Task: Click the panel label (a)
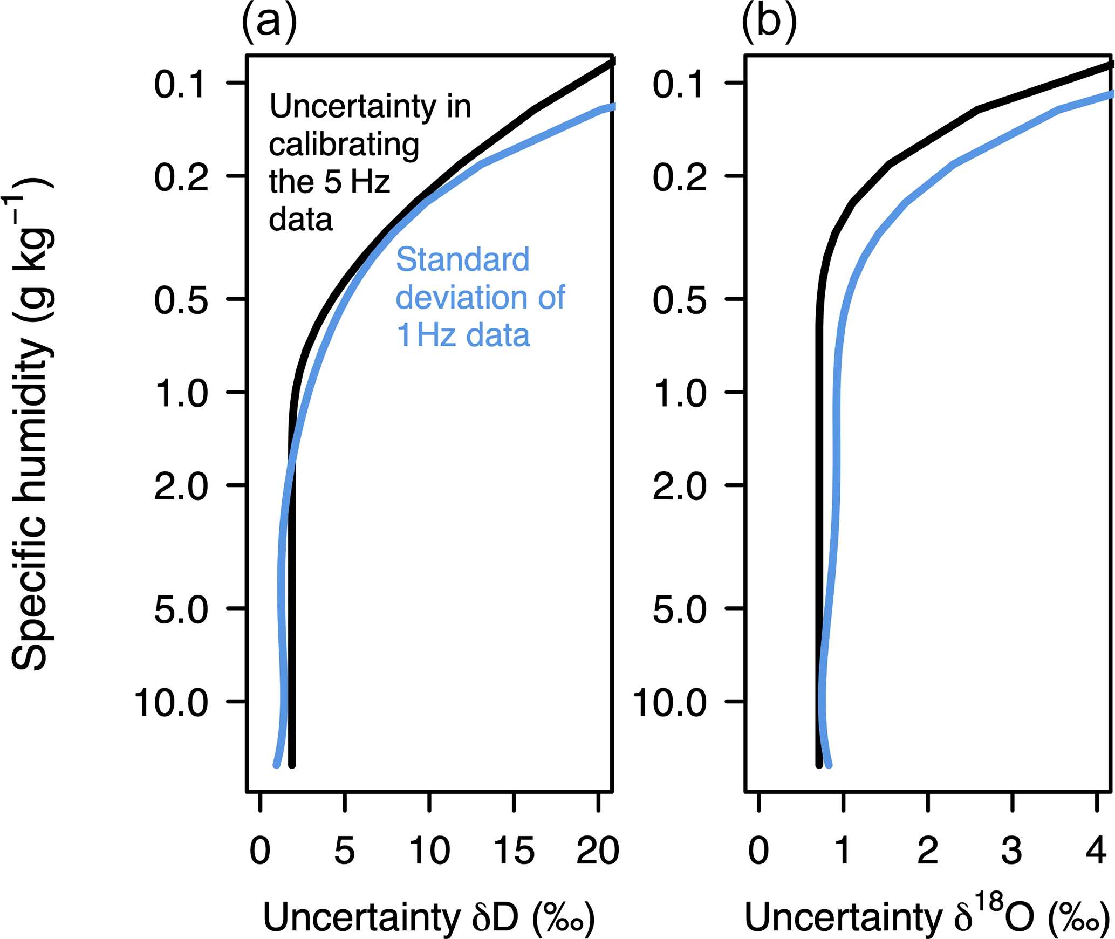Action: pos(269,23)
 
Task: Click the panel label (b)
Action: pos(769,23)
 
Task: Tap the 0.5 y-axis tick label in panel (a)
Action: pos(181,300)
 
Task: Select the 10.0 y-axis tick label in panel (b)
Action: pos(669,703)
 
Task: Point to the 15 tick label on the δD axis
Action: pos(514,851)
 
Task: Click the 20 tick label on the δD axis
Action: pos(598,851)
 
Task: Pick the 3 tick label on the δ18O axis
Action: pos(1012,851)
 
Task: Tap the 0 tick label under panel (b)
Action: pos(758,851)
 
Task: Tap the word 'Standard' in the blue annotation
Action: pos(462,259)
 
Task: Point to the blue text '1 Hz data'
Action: pos(463,335)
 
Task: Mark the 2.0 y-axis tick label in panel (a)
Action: pos(181,486)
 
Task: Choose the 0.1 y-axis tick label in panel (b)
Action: pos(679,84)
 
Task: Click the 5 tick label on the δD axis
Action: pos(345,851)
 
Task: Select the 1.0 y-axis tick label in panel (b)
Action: pos(680,393)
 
